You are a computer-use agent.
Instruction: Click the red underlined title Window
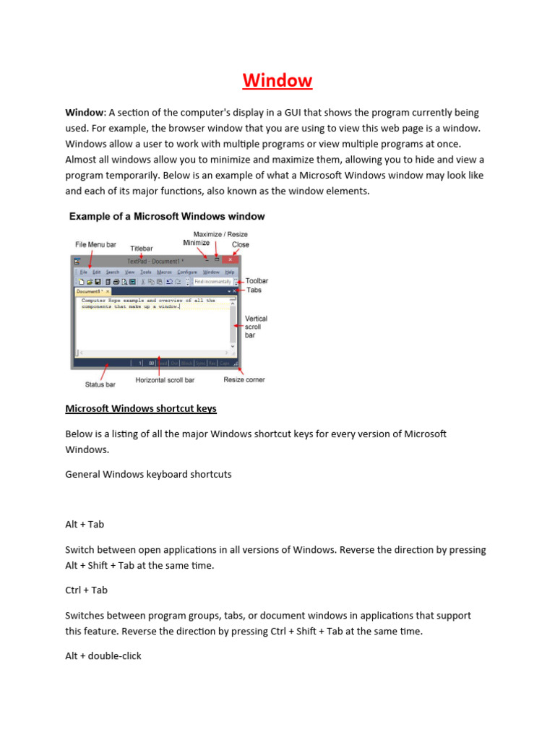277,80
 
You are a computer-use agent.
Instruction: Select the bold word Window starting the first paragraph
85,113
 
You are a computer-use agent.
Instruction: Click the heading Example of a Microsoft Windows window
166,216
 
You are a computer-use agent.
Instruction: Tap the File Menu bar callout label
95,245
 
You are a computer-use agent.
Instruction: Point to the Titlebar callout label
142,249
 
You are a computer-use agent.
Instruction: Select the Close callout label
240,245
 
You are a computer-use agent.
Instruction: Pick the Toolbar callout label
257,280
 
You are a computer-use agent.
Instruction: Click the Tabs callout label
254,290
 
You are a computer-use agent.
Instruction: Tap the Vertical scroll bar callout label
256,327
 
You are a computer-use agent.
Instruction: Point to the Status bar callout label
100,384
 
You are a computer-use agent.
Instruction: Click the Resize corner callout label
244,379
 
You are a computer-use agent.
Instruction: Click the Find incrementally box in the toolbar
212,281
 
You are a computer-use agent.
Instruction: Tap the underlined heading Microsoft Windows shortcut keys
141,408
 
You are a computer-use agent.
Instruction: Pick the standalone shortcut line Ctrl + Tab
86,590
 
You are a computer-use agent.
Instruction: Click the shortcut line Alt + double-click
103,656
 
